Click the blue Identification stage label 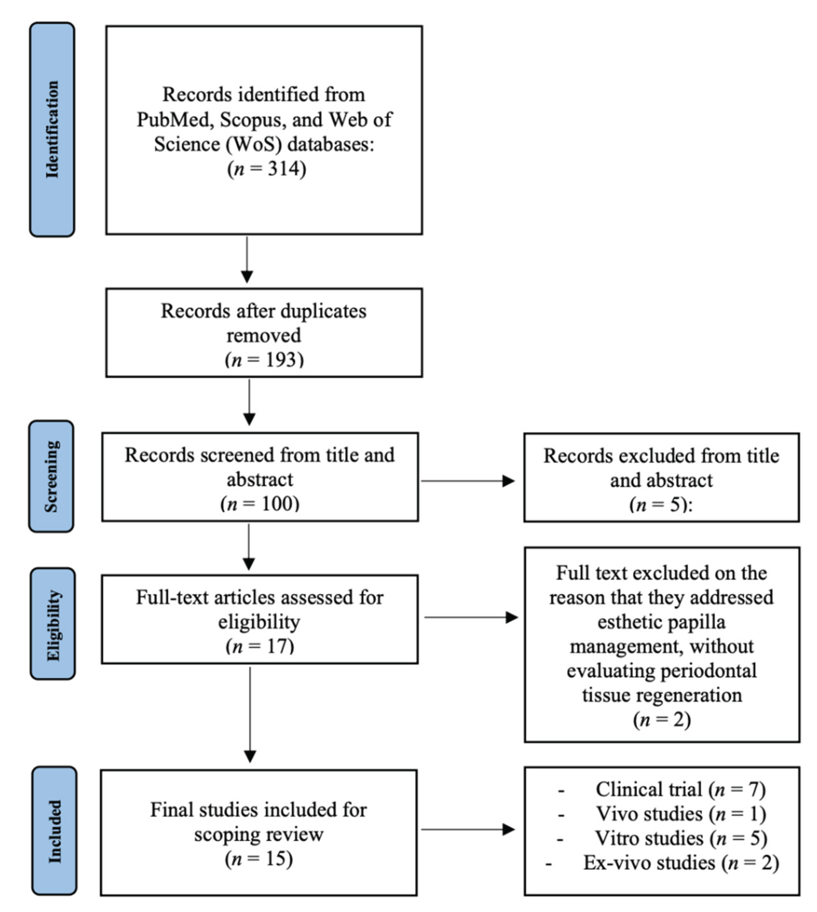coord(52,129)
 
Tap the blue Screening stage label coord(51,476)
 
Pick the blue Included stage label coord(54,832)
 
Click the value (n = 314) coord(267,169)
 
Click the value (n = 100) coord(260,504)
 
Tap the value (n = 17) coord(260,646)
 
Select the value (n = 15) coord(259,859)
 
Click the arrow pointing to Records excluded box coord(468,481)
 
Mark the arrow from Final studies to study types coord(468,829)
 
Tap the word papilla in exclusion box coord(700,622)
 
